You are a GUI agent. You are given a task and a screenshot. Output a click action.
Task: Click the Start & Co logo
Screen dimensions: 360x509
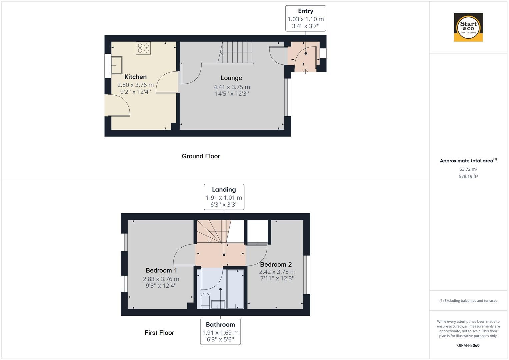coord(468,27)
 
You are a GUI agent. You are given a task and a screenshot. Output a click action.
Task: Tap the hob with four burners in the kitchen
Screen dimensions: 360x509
coord(143,48)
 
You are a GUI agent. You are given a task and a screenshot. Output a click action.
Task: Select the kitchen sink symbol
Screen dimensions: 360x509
coord(117,65)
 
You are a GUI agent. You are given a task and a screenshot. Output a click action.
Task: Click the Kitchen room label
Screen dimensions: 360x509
coord(135,77)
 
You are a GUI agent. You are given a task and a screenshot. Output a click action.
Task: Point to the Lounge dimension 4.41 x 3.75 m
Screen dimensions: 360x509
coord(232,87)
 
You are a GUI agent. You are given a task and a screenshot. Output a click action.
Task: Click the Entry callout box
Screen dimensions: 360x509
coord(305,18)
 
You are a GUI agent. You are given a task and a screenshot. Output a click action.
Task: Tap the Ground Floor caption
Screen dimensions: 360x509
coord(201,156)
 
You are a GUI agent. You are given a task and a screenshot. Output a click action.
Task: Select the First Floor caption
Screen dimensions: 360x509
coord(159,333)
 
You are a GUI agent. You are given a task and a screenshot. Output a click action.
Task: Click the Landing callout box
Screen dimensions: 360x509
coord(224,197)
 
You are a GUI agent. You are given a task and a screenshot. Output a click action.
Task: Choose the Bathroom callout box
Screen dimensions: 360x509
coord(220,332)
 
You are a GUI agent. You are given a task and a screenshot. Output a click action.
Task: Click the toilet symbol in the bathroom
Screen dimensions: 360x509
coord(205,300)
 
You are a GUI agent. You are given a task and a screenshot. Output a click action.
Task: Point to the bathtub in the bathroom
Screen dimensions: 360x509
coord(235,289)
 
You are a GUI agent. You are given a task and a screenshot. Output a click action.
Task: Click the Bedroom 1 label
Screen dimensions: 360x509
coord(161,270)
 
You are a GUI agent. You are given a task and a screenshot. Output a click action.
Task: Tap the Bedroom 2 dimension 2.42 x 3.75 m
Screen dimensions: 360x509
coord(277,272)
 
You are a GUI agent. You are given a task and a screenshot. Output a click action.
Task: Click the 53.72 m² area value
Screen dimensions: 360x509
coord(468,169)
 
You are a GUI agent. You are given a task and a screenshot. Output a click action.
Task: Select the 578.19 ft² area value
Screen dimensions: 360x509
coord(468,177)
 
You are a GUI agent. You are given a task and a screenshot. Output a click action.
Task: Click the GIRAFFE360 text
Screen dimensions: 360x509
coord(468,345)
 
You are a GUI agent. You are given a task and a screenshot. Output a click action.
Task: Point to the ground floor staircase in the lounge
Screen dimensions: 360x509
coord(236,52)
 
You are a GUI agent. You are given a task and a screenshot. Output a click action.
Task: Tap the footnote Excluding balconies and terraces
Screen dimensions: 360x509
coord(468,301)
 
